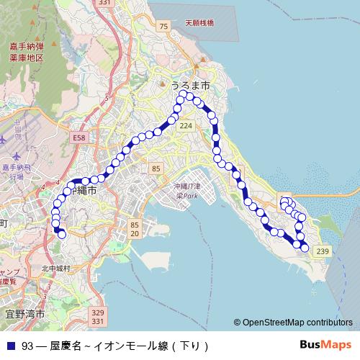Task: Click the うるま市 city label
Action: (190, 85)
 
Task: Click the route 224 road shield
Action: (186, 126)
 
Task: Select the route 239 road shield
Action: (322, 251)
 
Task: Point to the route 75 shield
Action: (164, 26)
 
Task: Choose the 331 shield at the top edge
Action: (104, 4)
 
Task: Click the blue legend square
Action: (11, 346)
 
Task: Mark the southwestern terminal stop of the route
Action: (62, 234)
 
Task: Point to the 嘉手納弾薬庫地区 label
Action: (27, 51)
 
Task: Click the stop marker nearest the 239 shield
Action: (305, 248)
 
